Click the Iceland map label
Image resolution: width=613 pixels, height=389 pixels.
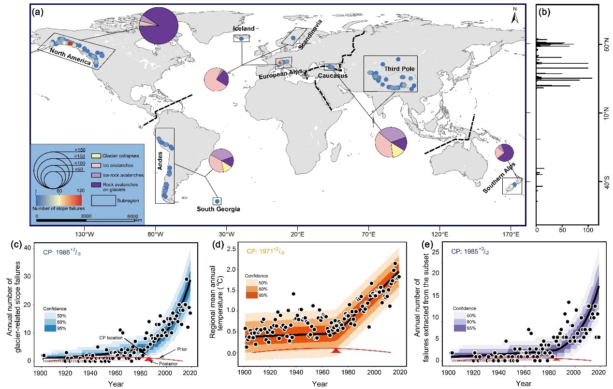click(x=244, y=29)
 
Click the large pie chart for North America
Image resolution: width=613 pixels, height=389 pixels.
click(x=159, y=25)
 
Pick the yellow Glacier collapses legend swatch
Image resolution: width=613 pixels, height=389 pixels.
click(x=96, y=156)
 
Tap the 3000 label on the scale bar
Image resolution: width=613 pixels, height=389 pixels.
click(x=86, y=215)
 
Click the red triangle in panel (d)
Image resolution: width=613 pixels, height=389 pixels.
click(x=336, y=350)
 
